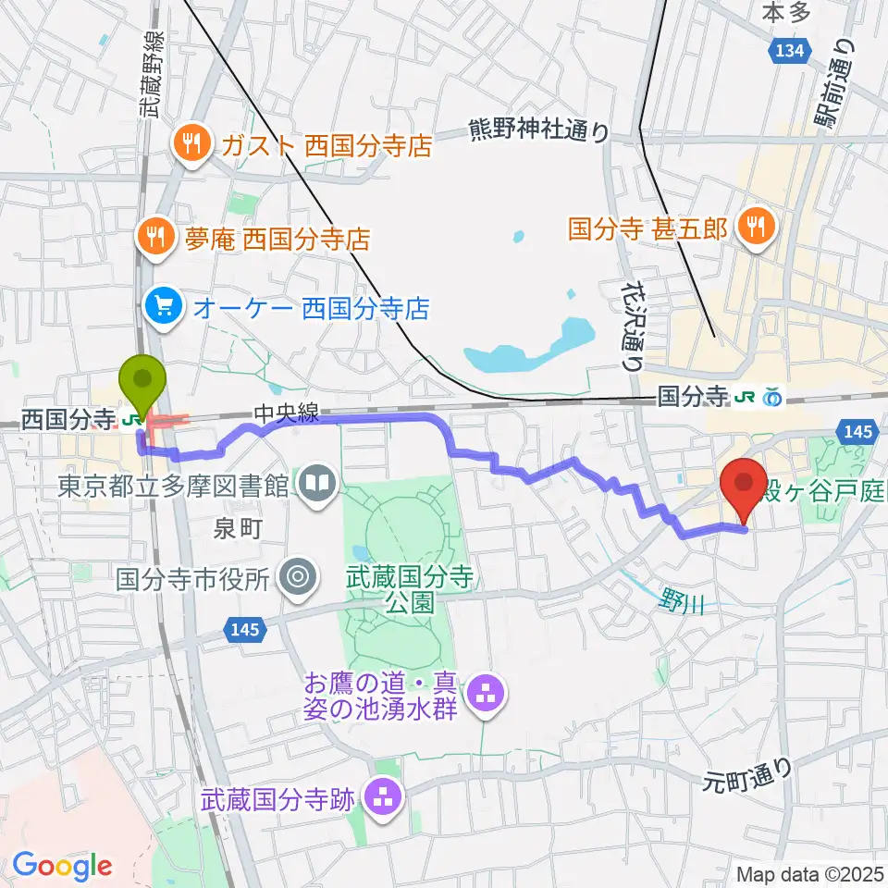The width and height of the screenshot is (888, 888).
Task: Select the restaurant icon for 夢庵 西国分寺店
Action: coord(156,240)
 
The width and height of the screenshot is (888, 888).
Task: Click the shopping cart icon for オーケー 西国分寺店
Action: coord(163,307)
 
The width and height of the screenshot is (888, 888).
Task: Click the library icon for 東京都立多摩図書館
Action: coord(317,485)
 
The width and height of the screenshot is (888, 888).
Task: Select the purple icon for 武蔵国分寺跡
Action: coord(382,795)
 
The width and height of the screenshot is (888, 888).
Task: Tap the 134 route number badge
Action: coord(790,52)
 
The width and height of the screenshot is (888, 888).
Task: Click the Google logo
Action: coord(61,867)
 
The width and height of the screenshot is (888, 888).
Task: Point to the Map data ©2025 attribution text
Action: coord(809,874)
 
